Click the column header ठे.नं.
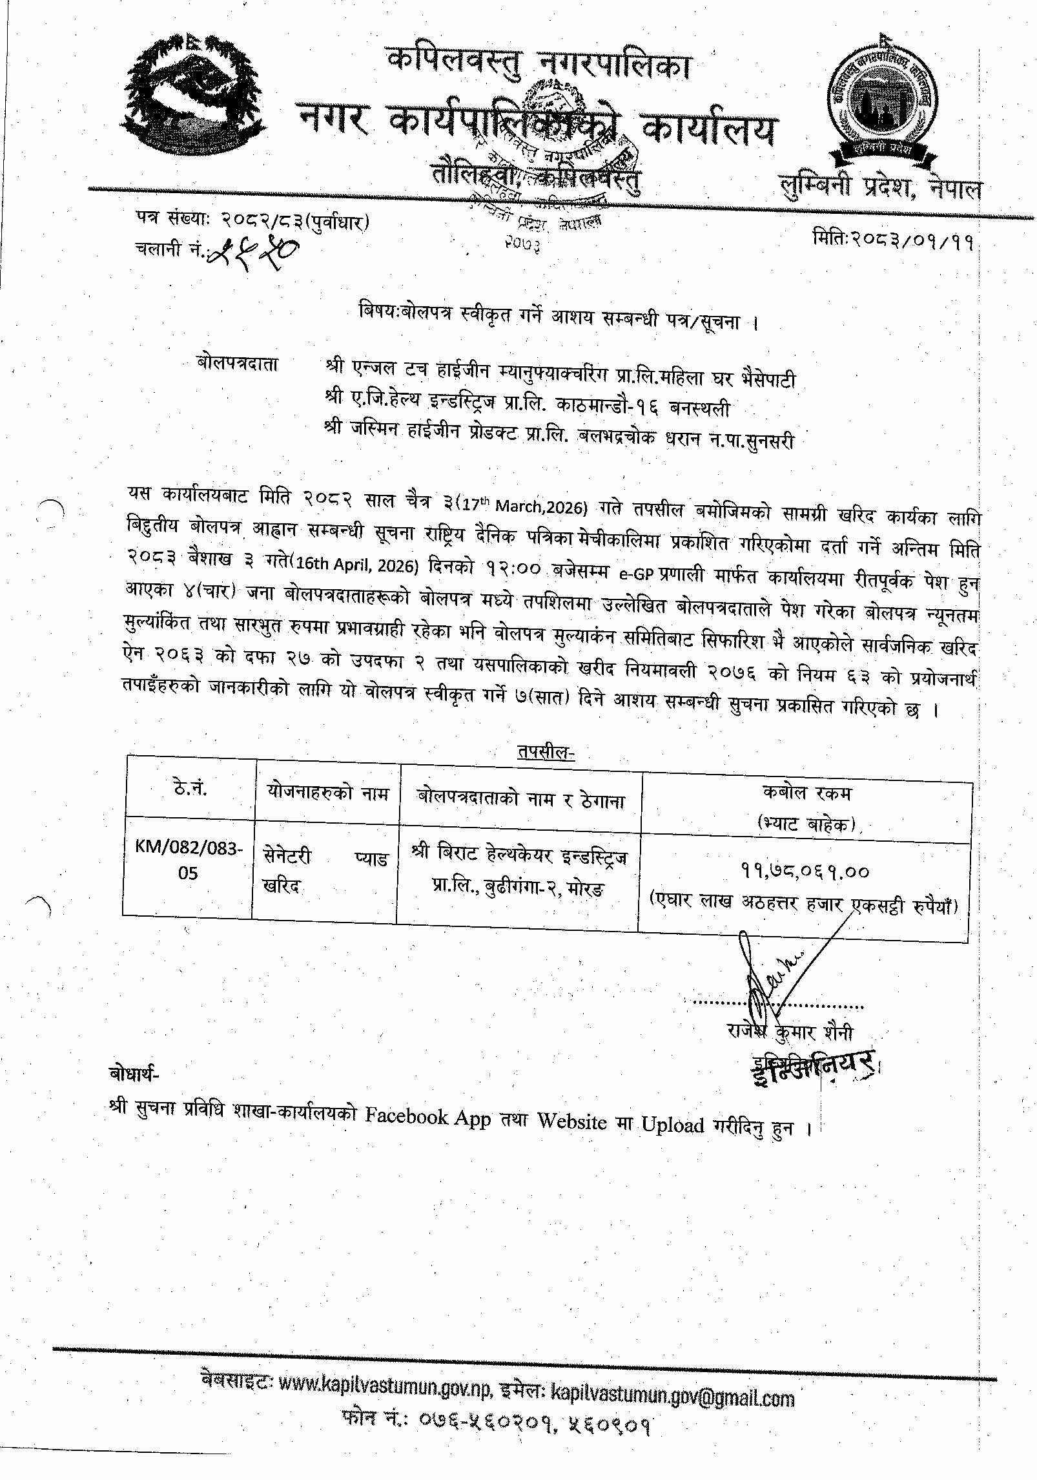190,788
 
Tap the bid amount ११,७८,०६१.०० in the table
805,871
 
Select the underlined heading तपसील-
545,752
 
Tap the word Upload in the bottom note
672,1124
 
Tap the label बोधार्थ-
134,1073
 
